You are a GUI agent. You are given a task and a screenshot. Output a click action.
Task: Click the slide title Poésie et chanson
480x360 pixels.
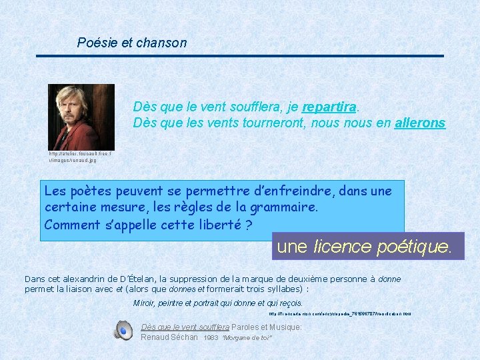tap(132, 43)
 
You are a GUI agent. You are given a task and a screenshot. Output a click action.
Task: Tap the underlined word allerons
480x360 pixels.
tap(419, 123)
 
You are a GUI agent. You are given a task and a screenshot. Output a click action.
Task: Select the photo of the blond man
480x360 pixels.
tap(81, 117)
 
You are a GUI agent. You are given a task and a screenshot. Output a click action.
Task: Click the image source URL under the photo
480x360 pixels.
tap(81, 157)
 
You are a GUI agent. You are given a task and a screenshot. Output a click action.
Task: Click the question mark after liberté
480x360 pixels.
tap(248, 225)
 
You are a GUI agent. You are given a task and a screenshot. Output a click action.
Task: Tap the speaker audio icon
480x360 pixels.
tap(123, 330)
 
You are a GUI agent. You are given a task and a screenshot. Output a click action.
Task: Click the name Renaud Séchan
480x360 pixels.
tap(169, 337)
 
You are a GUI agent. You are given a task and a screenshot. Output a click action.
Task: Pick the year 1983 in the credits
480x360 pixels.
tap(211, 338)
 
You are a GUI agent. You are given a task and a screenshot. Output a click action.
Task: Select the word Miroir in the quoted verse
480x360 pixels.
tap(144, 303)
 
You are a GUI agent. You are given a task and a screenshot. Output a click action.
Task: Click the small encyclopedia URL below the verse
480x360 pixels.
tap(340, 313)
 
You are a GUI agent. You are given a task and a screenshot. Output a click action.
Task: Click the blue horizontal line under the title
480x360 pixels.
tap(239, 55)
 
